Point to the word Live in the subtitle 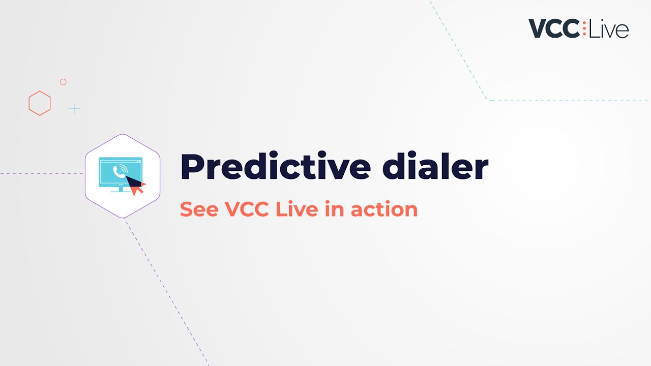pyautogui.click(x=297, y=209)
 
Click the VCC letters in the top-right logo pyautogui.click(x=553, y=28)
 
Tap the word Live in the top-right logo pyautogui.click(x=609, y=29)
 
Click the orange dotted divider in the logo pyautogui.click(x=584, y=28)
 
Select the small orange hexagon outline pyautogui.click(x=40, y=103)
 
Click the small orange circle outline pyautogui.click(x=63, y=82)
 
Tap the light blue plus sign pyautogui.click(x=74, y=109)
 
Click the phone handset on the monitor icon pyautogui.click(x=119, y=171)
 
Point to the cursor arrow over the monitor pyautogui.click(x=136, y=186)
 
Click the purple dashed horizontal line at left pyautogui.click(x=41, y=174)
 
